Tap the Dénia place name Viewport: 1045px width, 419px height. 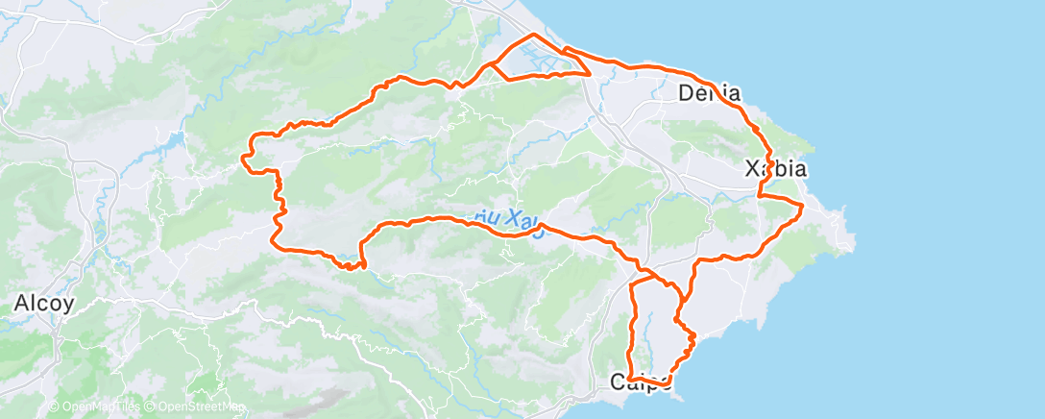709,94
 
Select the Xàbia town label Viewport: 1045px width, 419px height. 775,170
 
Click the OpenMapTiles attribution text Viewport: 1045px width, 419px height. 99,407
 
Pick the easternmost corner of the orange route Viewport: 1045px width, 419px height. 802,206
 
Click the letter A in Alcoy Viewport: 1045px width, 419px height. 20,303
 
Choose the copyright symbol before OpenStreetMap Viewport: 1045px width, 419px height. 150,407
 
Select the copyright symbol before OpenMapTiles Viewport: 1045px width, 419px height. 54,407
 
